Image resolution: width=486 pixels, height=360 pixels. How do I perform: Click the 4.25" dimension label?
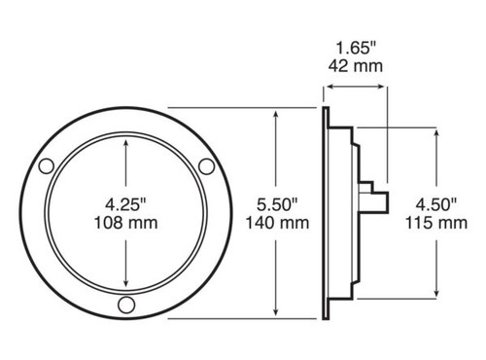pyautogui.click(x=125, y=205)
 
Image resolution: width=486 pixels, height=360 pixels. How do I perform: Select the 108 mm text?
pyautogui.click(x=125, y=223)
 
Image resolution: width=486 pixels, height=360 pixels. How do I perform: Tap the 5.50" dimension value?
pyautogui.click(x=277, y=205)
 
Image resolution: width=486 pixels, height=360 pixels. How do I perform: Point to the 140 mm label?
pyautogui.click(x=277, y=223)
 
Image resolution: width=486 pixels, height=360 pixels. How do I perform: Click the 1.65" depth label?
pyautogui.click(x=356, y=49)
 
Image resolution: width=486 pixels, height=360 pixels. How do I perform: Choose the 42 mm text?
pyautogui.click(x=356, y=66)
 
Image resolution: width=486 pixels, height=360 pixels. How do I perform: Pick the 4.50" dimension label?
pyautogui.click(x=436, y=205)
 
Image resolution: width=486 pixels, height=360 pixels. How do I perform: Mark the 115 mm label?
pyautogui.click(x=436, y=223)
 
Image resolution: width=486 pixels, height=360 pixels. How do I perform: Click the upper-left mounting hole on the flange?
pyautogui.click(x=46, y=166)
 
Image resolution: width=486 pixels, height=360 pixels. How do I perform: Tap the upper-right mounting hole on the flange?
pyautogui.click(x=206, y=166)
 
